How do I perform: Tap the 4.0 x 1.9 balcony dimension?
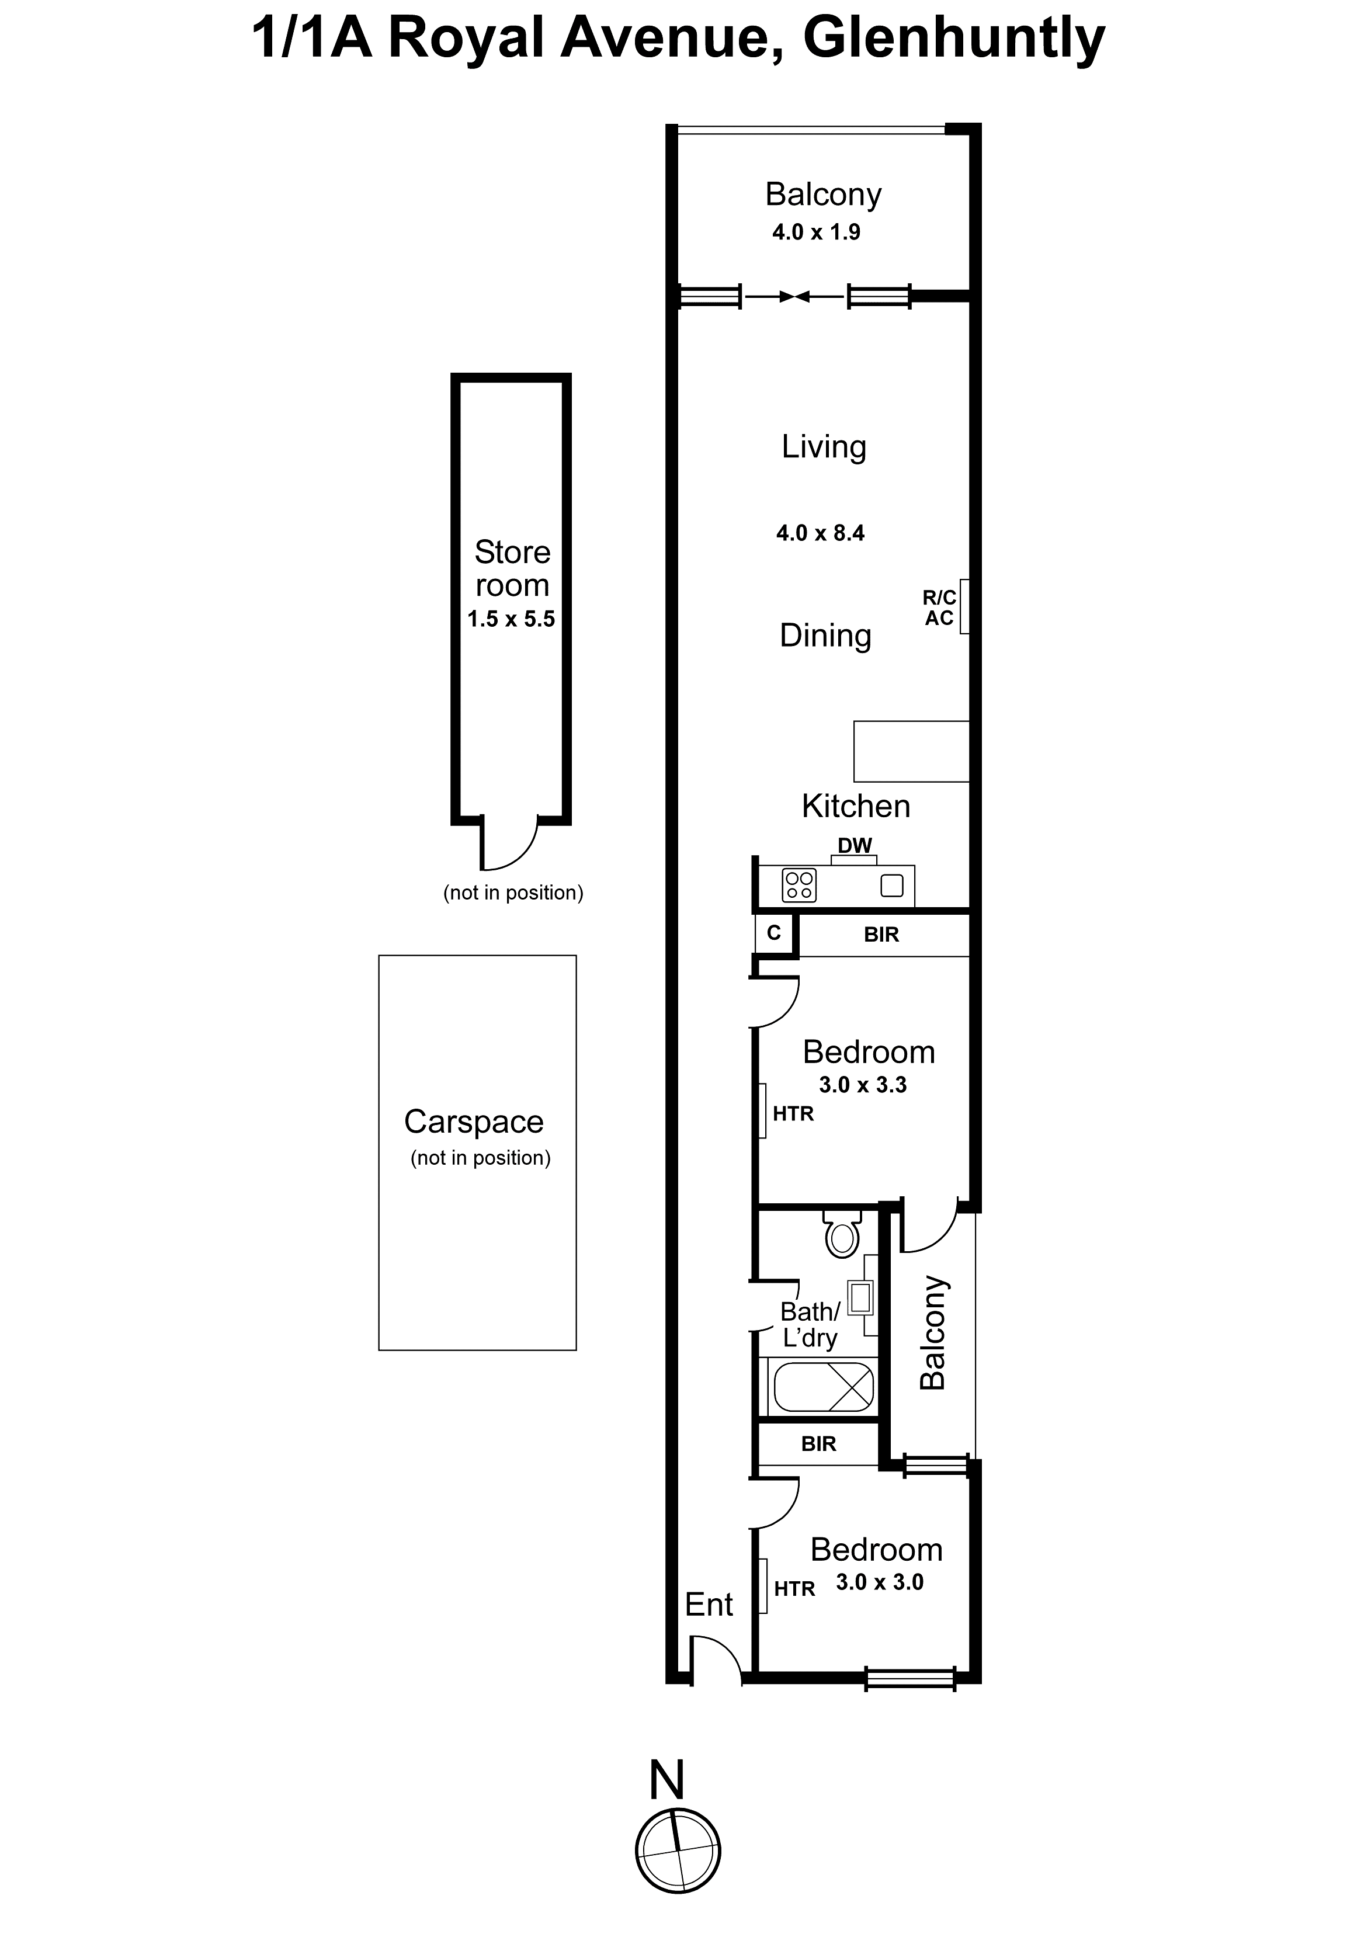[x=815, y=232]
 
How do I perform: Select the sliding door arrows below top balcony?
[x=794, y=296]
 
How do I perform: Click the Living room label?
[x=823, y=446]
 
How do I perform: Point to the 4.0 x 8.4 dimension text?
[x=820, y=533]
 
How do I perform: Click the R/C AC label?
[x=939, y=607]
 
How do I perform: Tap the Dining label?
[x=825, y=636]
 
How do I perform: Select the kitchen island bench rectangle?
[x=911, y=751]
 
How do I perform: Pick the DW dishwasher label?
[x=854, y=846]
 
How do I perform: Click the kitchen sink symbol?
[x=891, y=886]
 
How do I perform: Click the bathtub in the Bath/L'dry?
[x=823, y=1387]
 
